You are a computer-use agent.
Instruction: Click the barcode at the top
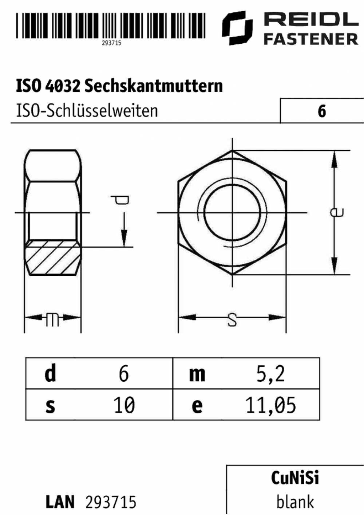111,25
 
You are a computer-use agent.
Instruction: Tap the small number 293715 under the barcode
111,43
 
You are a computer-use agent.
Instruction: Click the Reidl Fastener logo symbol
237,28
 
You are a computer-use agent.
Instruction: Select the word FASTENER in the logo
311,39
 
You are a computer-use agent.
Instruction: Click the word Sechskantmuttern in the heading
154,86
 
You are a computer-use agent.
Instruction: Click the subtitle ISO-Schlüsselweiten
87,111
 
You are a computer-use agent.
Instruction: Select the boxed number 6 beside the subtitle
322,111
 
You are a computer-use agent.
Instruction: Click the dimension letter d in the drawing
120,200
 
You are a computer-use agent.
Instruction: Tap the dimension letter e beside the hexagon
337,212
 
